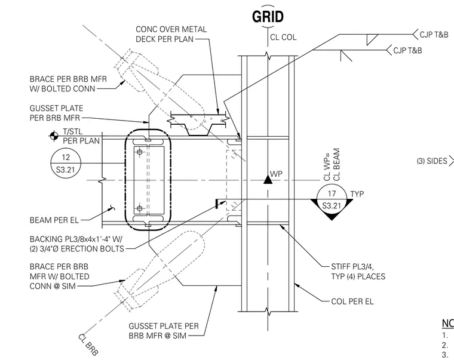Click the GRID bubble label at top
(x=268, y=17)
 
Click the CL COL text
(x=283, y=38)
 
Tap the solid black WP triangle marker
(x=268, y=180)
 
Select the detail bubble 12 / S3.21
(x=66, y=164)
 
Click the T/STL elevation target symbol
(x=54, y=136)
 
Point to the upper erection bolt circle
(x=140, y=152)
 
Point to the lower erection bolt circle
(x=140, y=208)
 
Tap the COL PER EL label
(x=352, y=301)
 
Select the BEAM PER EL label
(x=54, y=220)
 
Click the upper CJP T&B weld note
(x=434, y=35)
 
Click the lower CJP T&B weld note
(x=407, y=51)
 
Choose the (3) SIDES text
(x=432, y=161)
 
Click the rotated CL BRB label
(x=88, y=344)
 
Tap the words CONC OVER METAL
(x=171, y=29)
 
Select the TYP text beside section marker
(x=357, y=194)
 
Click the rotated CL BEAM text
(x=336, y=165)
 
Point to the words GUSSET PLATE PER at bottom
(x=164, y=326)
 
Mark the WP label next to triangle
(x=276, y=174)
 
